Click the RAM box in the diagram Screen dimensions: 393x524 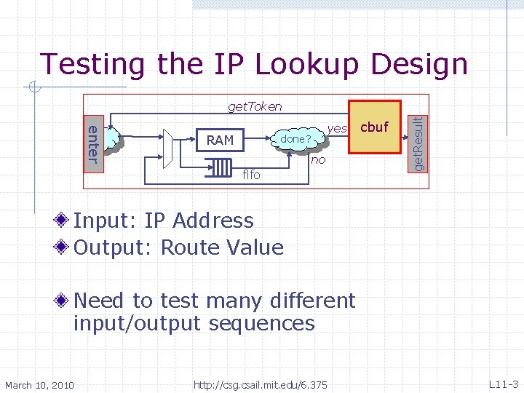[x=220, y=140]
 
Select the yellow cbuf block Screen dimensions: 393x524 [x=375, y=127]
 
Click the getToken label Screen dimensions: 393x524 [x=255, y=106]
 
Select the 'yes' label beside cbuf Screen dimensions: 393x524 [x=337, y=128]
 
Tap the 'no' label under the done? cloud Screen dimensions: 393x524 [x=318, y=159]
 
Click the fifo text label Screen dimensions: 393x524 [x=251, y=175]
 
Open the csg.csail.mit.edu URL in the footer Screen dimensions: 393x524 [x=260, y=384]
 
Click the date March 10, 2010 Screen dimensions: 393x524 [x=39, y=384]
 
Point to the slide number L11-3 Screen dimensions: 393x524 [x=503, y=384]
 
